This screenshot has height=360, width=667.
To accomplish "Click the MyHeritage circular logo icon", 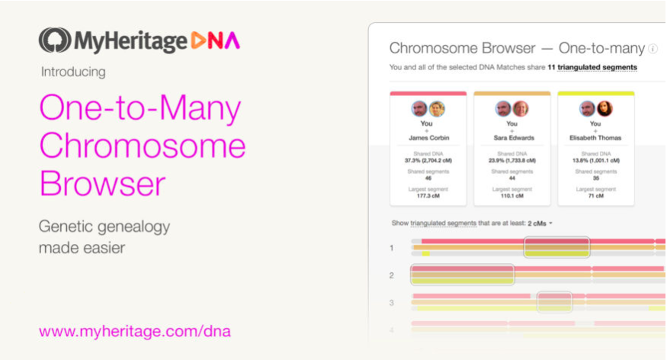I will (x=54, y=40).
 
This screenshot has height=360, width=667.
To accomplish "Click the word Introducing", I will (x=72, y=72).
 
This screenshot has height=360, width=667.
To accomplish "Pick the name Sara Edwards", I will (x=511, y=138).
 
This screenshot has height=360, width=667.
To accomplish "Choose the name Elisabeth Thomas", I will (x=595, y=138).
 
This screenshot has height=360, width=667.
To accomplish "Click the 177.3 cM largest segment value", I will (x=428, y=196).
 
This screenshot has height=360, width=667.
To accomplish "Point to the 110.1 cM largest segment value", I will (x=511, y=196).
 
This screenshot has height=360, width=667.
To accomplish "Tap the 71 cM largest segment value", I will (x=595, y=196).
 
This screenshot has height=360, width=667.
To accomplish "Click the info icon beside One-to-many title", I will (x=653, y=49).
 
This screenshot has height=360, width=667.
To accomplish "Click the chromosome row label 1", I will (x=391, y=248).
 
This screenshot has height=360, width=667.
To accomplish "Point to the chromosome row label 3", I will (x=391, y=303).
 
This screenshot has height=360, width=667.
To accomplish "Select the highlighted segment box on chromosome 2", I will (x=462, y=275).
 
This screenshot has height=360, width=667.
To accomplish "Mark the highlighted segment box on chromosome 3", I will (x=554, y=302).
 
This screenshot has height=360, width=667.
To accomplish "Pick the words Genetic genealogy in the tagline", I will (x=104, y=227).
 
